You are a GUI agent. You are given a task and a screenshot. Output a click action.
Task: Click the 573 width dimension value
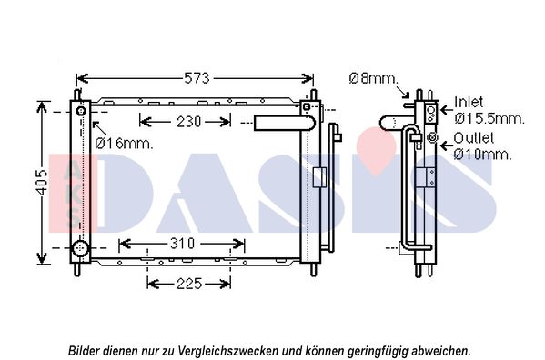[x=197, y=78]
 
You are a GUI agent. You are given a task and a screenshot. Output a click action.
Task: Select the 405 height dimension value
[x=43, y=182]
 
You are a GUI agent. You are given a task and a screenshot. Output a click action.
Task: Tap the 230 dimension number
[x=188, y=122]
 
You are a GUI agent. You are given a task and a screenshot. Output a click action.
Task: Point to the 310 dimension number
[x=183, y=244]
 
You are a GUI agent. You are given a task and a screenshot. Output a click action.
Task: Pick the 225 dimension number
[x=189, y=284]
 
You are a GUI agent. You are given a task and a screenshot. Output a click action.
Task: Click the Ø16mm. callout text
[x=124, y=143]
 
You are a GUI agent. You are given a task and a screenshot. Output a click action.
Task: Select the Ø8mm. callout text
[x=373, y=78]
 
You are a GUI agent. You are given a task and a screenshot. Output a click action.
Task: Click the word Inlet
[x=469, y=102]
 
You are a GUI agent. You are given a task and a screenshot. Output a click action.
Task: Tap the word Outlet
[x=473, y=138]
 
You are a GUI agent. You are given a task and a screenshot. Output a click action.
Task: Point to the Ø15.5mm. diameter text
[x=489, y=119]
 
